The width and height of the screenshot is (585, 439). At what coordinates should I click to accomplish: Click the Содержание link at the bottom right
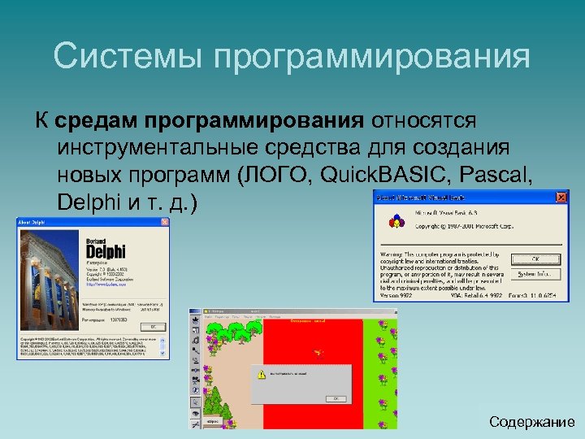coord(532,422)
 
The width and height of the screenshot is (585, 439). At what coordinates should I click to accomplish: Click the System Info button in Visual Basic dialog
coord(535,274)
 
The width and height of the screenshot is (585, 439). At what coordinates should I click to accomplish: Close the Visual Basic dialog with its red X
coord(560,198)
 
